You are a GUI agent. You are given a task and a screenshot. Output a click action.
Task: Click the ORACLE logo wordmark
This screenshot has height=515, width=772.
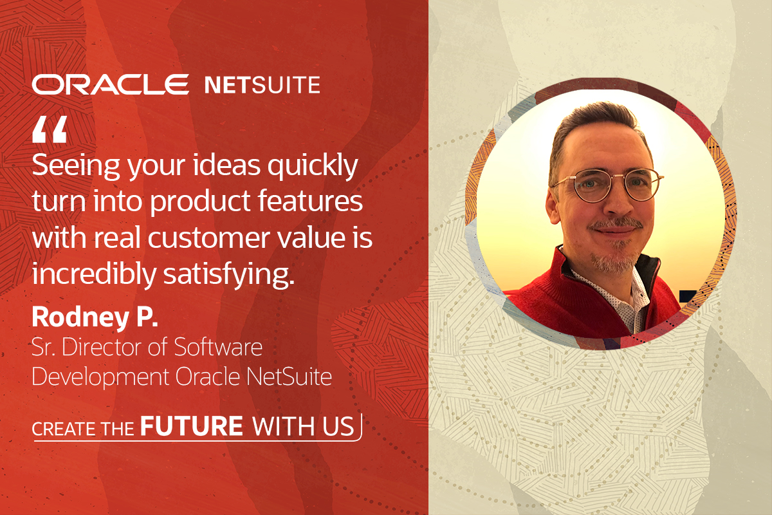[110, 84]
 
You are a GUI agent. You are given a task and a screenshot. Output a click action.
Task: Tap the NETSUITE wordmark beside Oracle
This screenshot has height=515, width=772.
[262, 85]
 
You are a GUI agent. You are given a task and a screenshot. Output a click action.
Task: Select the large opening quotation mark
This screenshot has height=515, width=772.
[50, 129]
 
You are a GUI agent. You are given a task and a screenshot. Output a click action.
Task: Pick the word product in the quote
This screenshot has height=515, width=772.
[200, 201]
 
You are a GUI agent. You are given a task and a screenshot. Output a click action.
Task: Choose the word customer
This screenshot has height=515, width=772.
[209, 239]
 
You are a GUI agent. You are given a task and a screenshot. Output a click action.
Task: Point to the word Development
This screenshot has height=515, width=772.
[100, 377]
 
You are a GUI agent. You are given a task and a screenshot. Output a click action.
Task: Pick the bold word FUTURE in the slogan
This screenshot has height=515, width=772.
[192, 426]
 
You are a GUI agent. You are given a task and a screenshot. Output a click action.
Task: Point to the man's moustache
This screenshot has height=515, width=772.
[616, 223]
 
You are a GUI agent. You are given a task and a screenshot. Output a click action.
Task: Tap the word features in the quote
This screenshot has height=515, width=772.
[311, 201]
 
